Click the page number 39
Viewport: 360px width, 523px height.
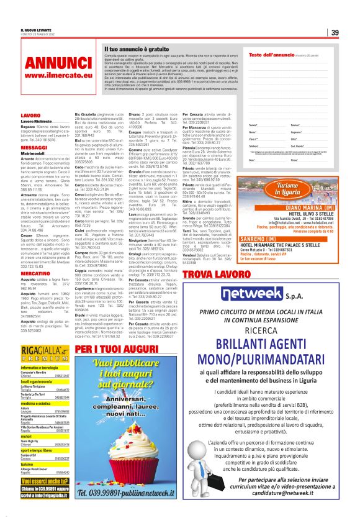coord(334,33)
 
